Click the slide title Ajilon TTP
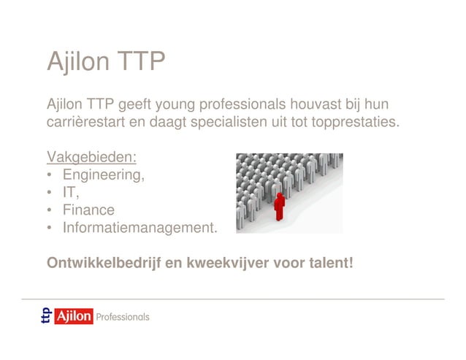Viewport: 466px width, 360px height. pos(106,63)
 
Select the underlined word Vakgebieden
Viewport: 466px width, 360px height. pos(92,158)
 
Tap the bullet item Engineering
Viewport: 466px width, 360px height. pos(103,175)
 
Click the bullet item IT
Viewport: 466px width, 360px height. pos(70,193)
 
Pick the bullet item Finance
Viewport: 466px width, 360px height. pos(88,210)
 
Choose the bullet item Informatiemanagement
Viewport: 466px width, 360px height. pos(140,228)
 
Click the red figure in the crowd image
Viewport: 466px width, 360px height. pos(278,206)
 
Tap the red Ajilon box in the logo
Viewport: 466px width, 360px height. pos(74,317)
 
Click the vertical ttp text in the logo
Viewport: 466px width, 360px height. pos(47,317)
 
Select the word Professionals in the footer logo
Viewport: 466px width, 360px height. pos(123,317)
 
